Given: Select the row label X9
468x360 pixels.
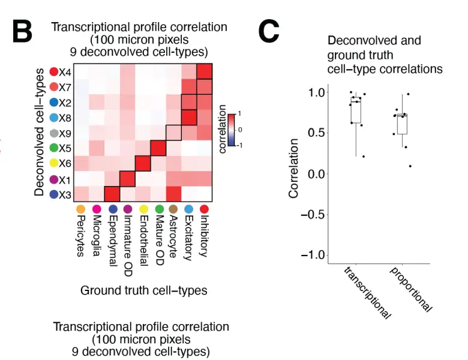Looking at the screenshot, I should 65,133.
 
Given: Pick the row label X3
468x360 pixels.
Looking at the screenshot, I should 65,194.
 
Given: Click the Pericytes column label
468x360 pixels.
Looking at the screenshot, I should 80,235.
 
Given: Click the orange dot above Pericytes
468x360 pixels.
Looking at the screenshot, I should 80,209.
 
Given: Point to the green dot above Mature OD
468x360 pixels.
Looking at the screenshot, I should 158,209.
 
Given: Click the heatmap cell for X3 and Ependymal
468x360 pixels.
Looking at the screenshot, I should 112,193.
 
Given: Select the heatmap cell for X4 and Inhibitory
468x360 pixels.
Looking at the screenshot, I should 205,72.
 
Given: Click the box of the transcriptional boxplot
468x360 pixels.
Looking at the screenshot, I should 356,112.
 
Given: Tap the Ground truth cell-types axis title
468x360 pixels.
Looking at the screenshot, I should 143,291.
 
